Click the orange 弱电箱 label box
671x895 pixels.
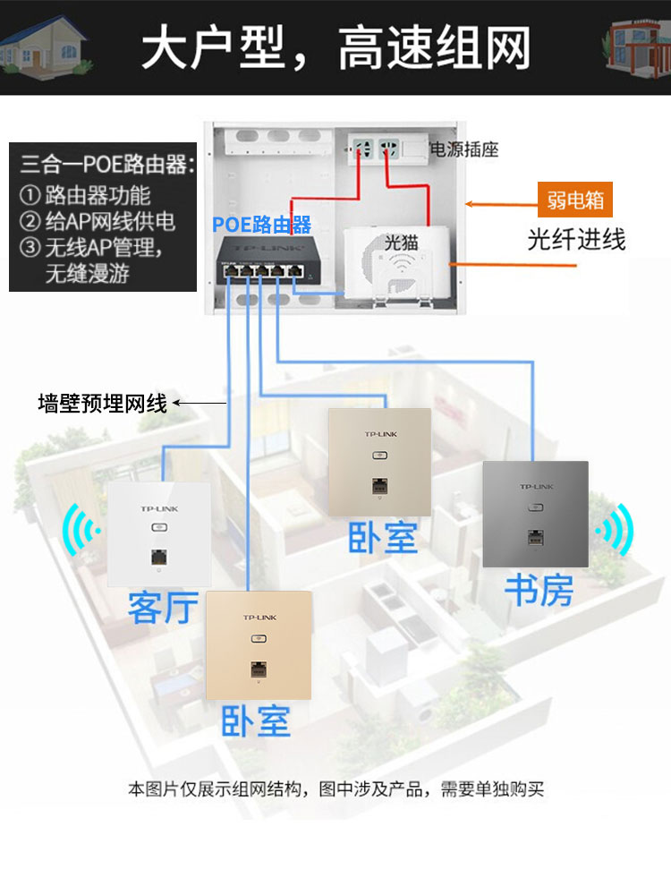[x=575, y=200]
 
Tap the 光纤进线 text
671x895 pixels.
[x=575, y=239]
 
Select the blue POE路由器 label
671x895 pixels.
[x=261, y=224]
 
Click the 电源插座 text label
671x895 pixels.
[x=464, y=149]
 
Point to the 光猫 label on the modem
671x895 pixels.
[x=402, y=241]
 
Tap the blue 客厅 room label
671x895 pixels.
[x=163, y=607]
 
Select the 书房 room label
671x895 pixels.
[x=539, y=590]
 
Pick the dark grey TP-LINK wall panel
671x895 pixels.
[x=535, y=514]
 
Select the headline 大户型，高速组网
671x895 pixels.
[x=335, y=47]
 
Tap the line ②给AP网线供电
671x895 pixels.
[x=98, y=221]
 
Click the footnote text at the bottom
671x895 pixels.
[x=335, y=789]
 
